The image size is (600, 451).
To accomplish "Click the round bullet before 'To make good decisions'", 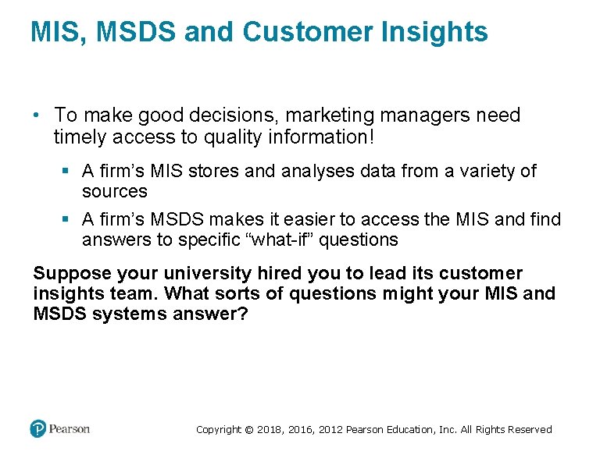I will click(37, 115).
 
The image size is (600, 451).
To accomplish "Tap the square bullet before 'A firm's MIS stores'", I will click(69, 172).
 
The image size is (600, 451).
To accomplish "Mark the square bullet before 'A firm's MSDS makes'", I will click(69, 220).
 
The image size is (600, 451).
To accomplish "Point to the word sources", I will click(114, 191).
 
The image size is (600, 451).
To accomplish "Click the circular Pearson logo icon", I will click(38, 428).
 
